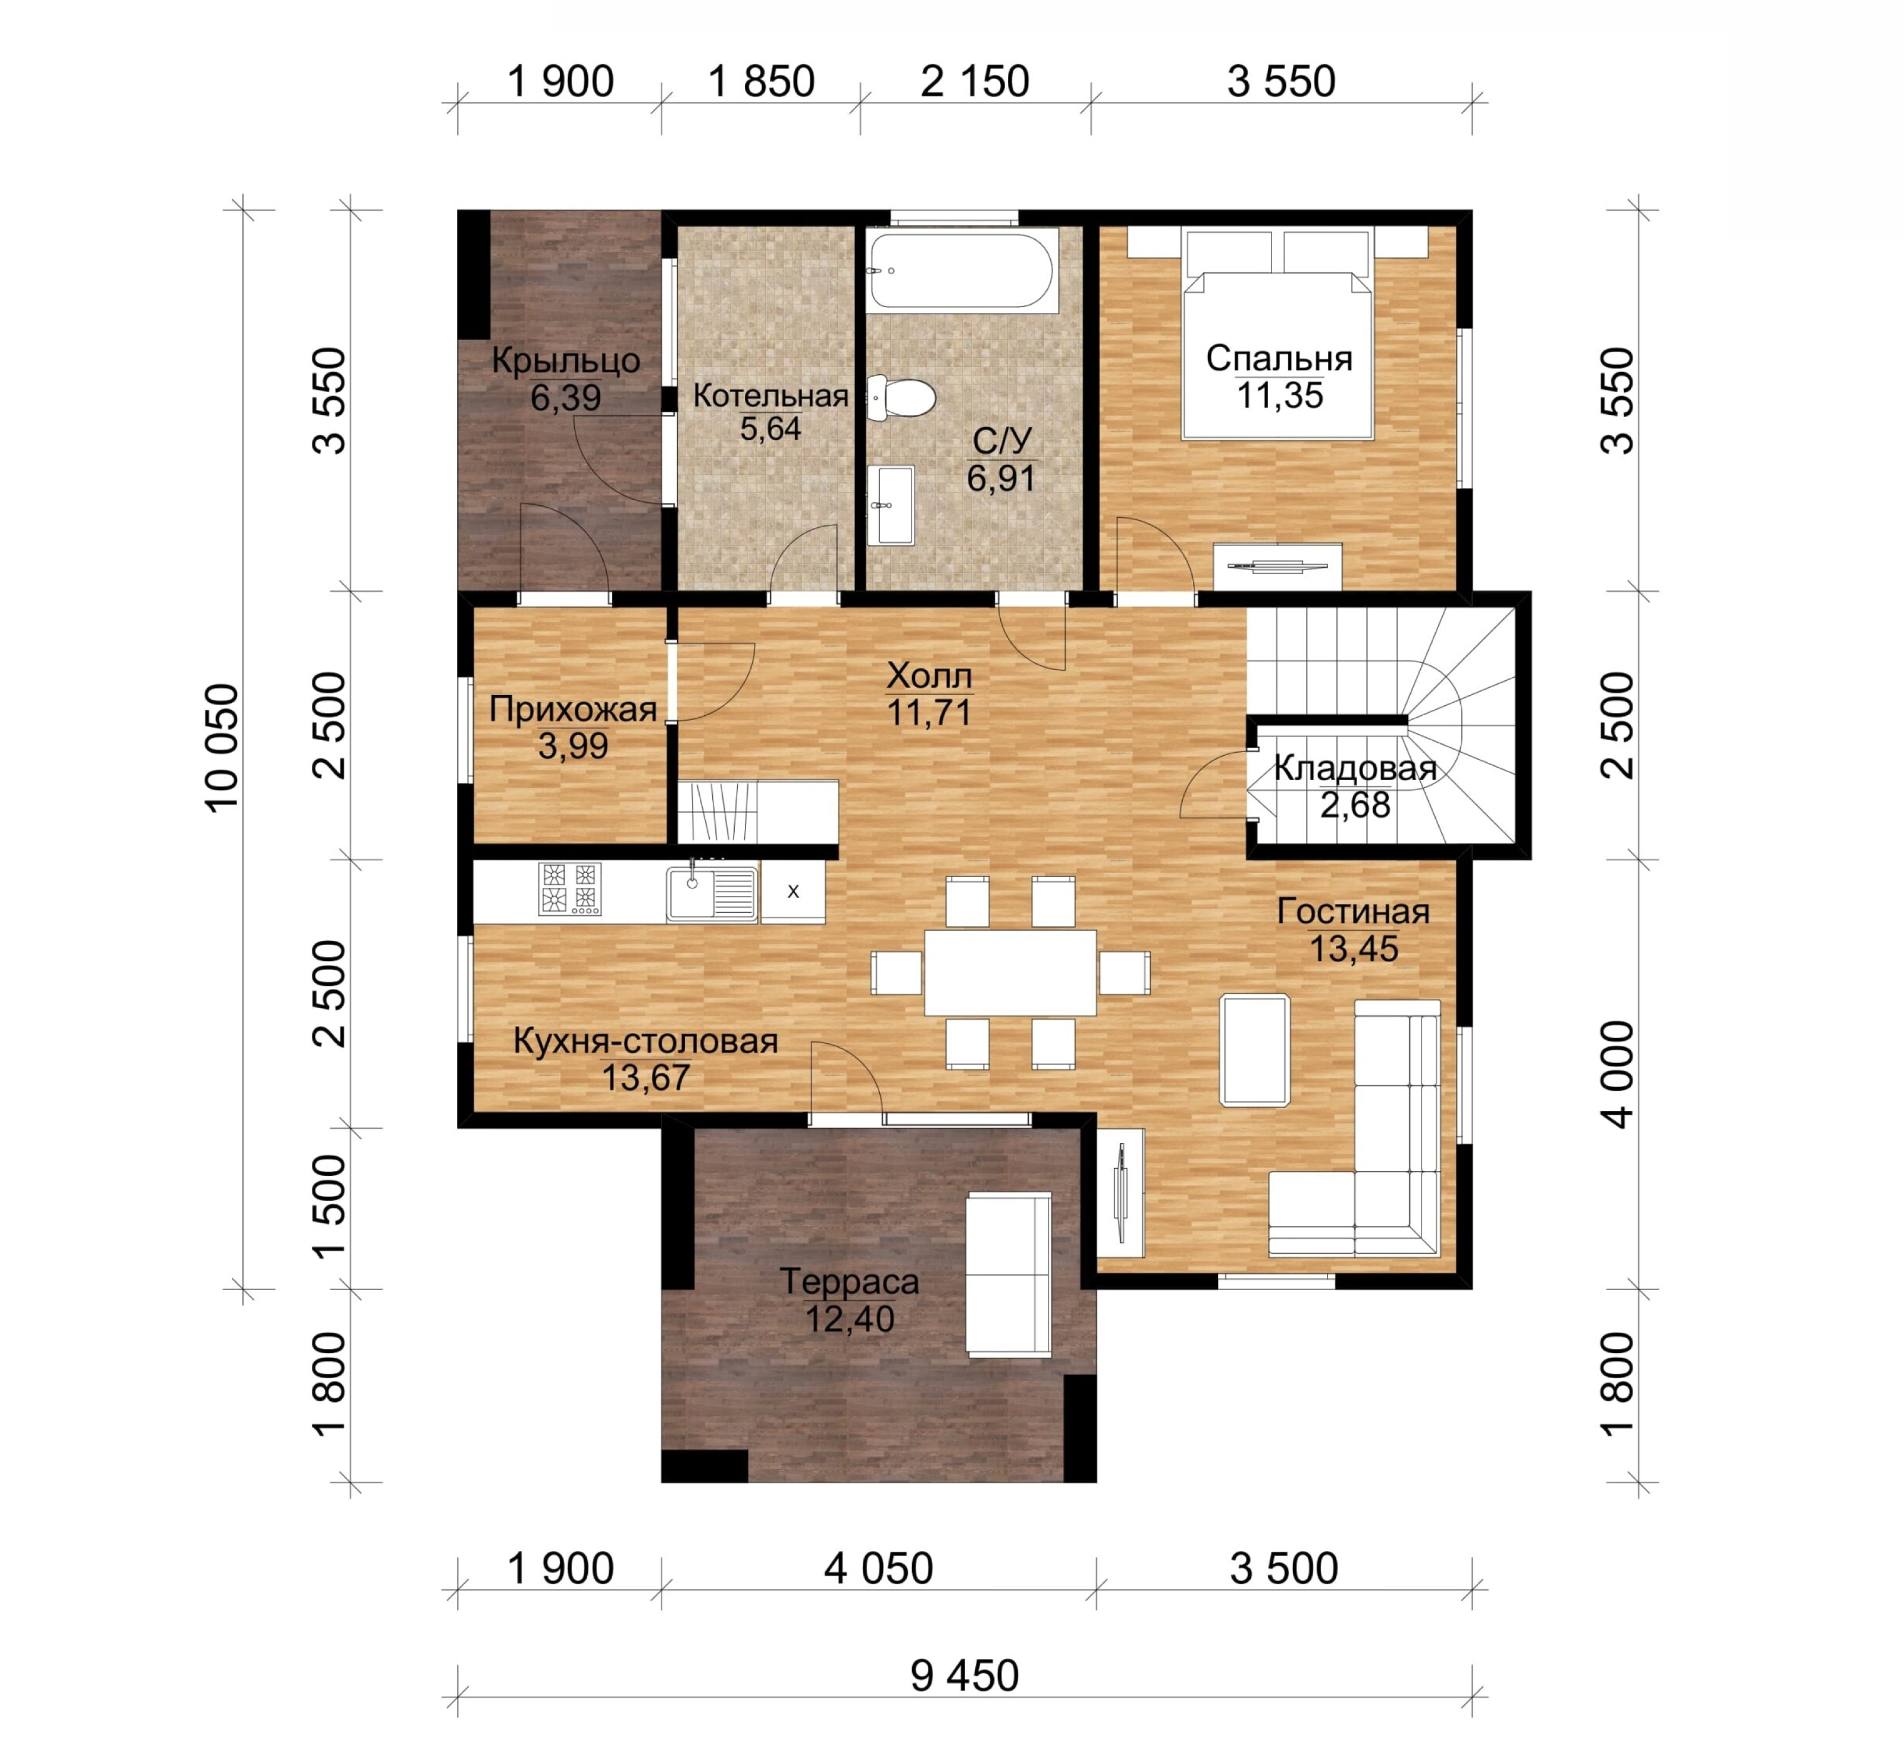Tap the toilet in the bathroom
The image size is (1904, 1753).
901,397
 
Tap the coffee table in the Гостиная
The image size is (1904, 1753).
1254,1050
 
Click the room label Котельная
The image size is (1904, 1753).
771,396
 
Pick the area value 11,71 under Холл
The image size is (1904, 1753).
930,712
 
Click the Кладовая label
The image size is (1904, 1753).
1355,768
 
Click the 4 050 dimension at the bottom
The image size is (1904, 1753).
878,1569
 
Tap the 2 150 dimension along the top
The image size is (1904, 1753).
974,82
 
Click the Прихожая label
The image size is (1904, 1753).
573,709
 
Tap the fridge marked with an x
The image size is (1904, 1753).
793,892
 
